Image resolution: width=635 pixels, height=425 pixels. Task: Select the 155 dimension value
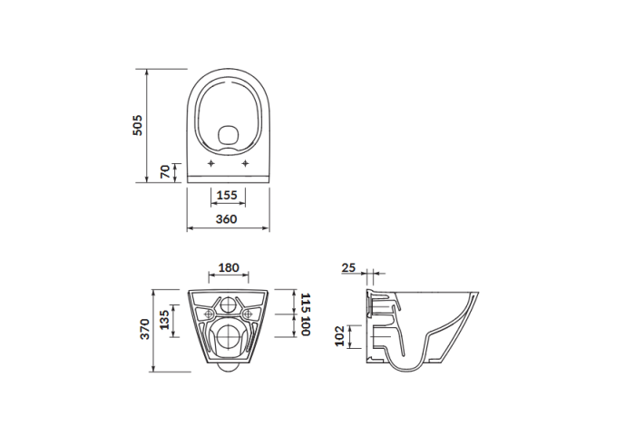click(x=228, y=195)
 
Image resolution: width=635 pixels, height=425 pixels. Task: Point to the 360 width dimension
click(x=227, y=219)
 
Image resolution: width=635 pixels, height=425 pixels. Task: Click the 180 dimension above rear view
click(x=229, y=268)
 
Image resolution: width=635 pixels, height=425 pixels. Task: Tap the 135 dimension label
click(x=162, y=319)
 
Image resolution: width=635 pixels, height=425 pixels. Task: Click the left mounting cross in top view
click(x=211, y=164)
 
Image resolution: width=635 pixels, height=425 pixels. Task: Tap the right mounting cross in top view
click(x=246, y=164)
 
